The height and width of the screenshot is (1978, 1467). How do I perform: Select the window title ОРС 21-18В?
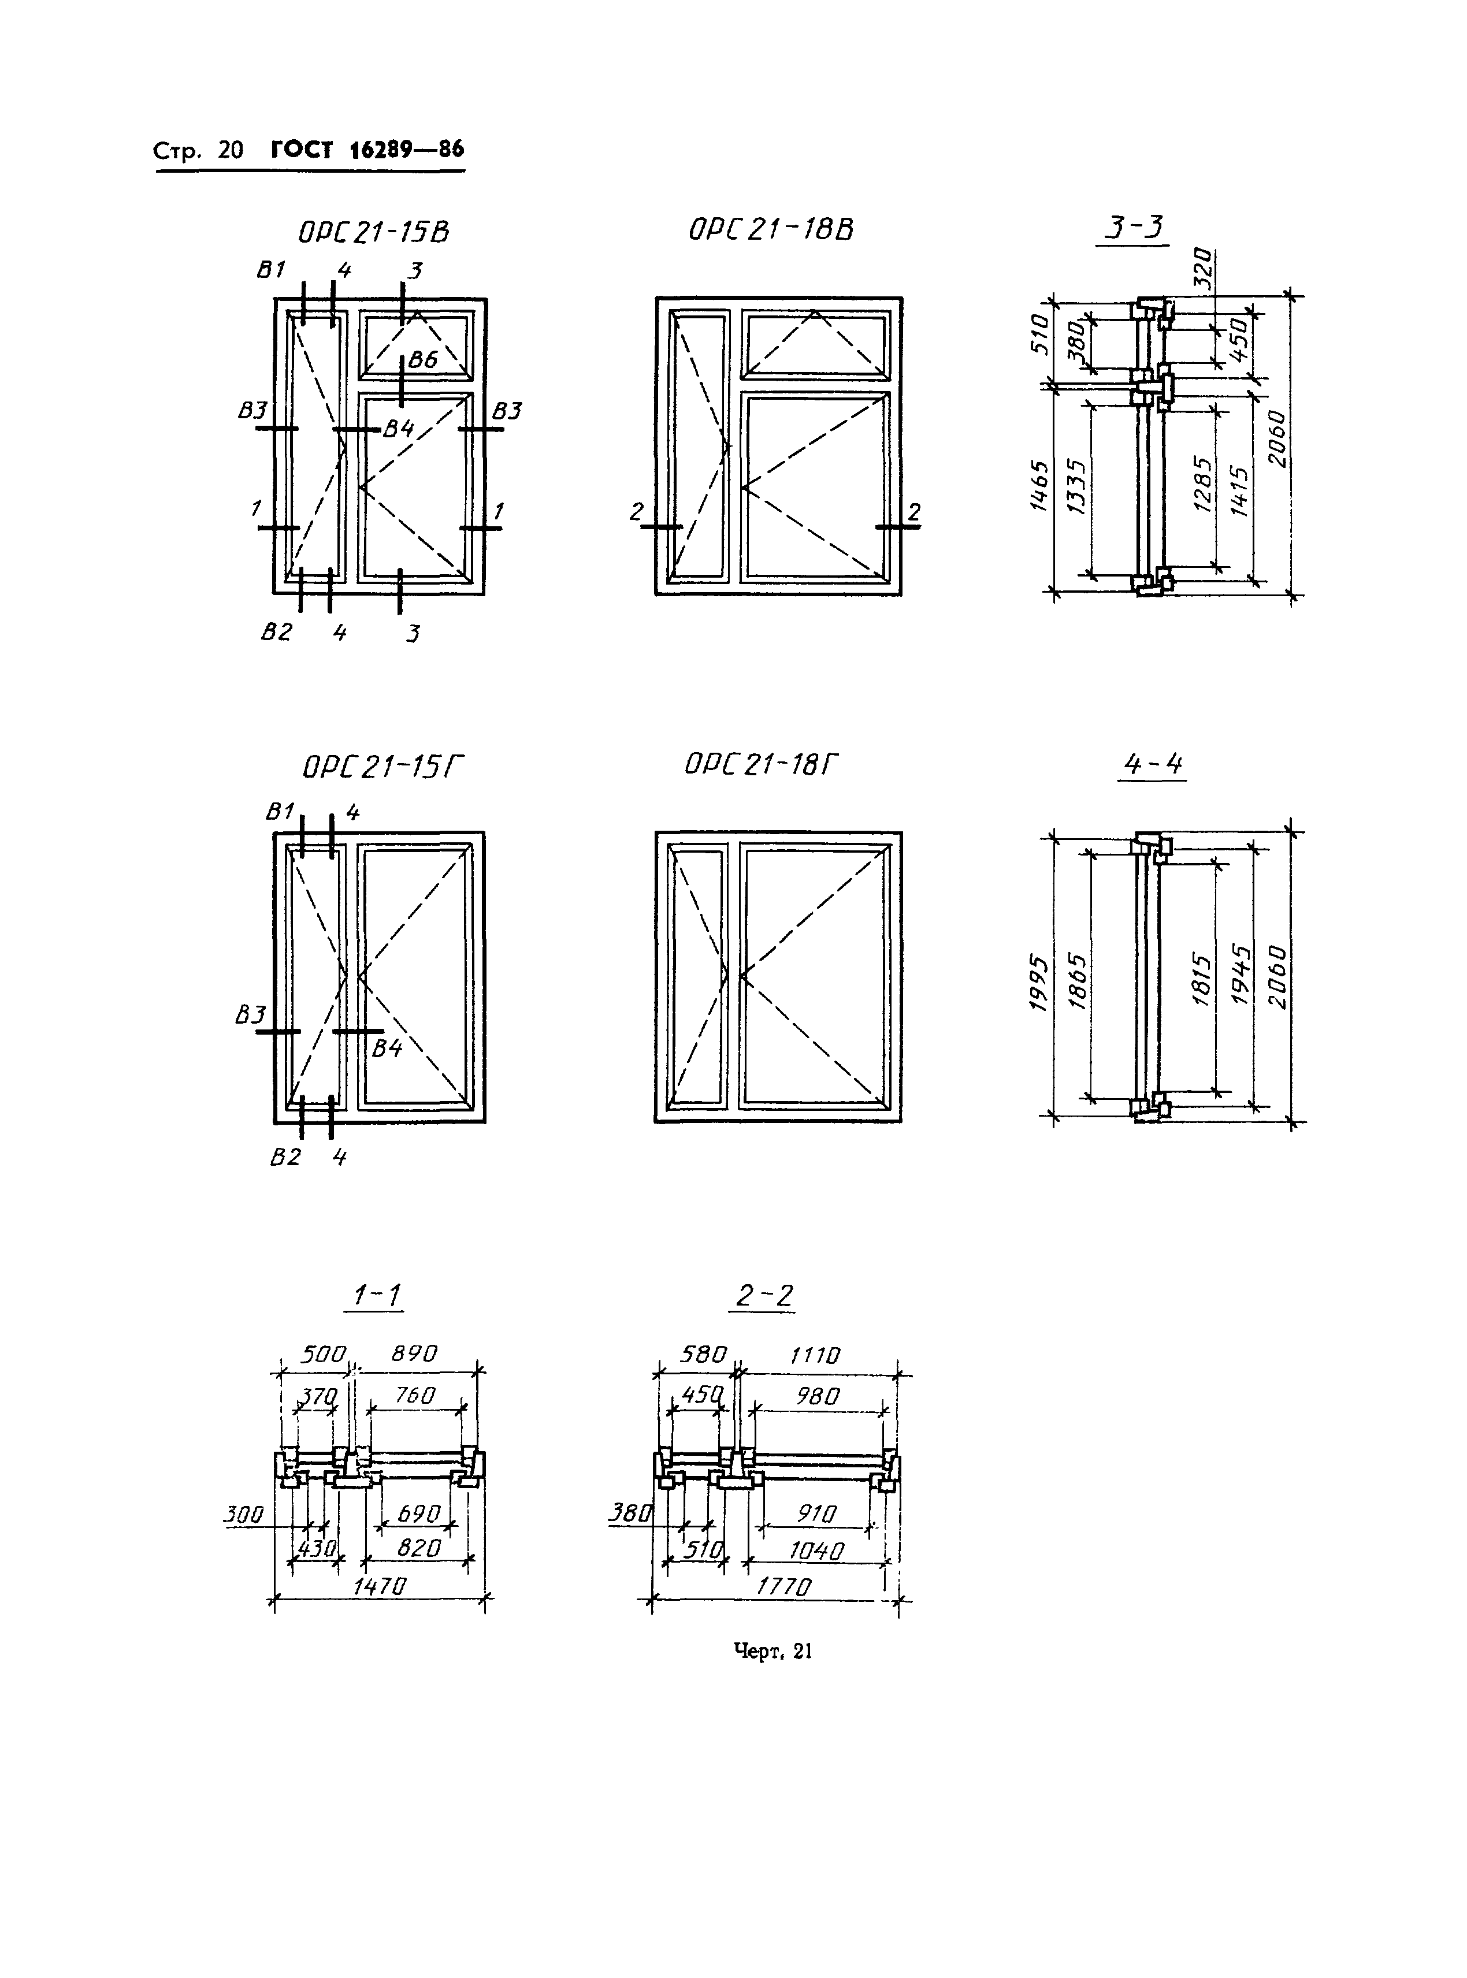(771, 230)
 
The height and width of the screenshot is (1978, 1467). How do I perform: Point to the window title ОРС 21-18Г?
(761, 764)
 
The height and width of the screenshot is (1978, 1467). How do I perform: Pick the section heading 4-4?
(1153, 764)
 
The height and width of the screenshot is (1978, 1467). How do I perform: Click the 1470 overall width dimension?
(379, 1586)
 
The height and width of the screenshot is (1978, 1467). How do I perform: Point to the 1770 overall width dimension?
(783, 1586)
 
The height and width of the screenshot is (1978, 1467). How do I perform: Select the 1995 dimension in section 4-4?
(1037, 982)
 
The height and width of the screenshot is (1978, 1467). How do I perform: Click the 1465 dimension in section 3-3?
(1039, 485)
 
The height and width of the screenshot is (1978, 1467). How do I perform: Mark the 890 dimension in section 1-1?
(415, 1353)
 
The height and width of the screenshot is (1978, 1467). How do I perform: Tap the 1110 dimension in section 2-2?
(814, 1355)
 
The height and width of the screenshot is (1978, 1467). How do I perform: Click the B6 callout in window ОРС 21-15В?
(423, 359)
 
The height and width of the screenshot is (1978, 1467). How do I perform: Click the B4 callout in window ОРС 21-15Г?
(387, 1049)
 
